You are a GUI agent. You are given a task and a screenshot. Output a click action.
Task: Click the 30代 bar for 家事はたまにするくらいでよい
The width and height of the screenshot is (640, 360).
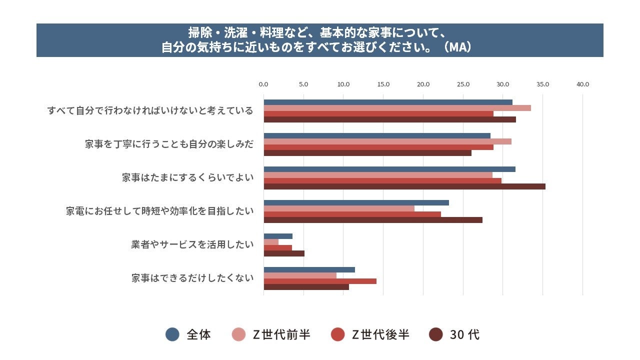pyautogui.click(x=404, y=186)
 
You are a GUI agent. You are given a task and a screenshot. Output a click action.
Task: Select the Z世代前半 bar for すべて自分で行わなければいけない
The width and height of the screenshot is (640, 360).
pyautogui.click(x=397, y=108)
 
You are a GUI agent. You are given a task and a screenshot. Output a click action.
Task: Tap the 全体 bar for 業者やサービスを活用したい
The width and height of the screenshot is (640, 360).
pyautogui.click(x=278, y=236)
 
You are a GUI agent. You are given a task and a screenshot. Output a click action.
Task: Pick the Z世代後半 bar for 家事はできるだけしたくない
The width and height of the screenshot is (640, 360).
pyautogui.click(x=320, y=281)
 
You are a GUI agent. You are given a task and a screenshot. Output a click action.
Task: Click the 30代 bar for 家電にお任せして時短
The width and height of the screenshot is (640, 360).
pyautogui.click(x=373, y=220)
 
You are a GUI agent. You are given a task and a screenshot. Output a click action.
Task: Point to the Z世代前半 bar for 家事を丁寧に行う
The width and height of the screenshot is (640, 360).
pyautogui.click(x=387, y=141)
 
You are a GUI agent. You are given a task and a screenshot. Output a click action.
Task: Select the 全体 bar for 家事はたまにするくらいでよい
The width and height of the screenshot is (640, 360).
pyautogui.click(x=389, y=169)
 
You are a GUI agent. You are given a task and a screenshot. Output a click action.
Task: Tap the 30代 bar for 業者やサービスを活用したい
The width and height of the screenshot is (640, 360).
pyautogui.click(x=284, y=253)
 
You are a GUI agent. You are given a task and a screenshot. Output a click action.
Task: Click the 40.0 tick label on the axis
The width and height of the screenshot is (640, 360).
pyautogui.click(x=582, y=84)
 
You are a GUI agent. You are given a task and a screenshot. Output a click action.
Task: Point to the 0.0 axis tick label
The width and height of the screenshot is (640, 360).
pyautogui.click(x=263, y=84)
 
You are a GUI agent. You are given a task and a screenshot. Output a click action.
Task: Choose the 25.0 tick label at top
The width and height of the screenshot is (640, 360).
pyautogui.click(x=463, y=84)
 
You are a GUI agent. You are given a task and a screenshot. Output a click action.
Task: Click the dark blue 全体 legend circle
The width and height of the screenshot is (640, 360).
pyautogui.click(x=172, y=334)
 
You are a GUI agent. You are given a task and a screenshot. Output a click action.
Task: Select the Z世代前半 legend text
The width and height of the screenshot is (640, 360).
pyautogui.click(x=281, y=334)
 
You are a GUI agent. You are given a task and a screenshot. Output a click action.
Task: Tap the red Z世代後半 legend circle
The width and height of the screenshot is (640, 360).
pyautogui.click(x=338, y=334)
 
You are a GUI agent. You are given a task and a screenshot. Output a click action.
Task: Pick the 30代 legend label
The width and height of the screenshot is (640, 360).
pyautogui.click(x=464, y=334)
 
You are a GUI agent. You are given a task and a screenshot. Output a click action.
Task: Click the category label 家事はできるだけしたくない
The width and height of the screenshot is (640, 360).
pyautogui.click(x=192, y=278)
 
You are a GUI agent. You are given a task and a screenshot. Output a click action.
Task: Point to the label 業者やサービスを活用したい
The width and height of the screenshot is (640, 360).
pyautogui.click(x=192, y=244)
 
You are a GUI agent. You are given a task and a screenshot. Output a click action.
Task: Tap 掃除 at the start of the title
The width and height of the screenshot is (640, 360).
pyautogui.click(x=198, y=32)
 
